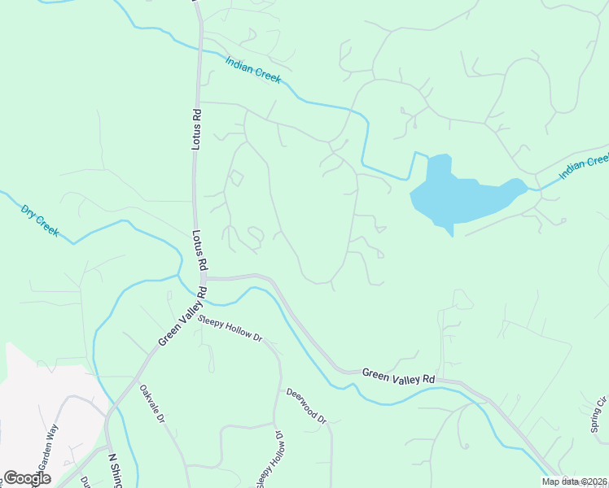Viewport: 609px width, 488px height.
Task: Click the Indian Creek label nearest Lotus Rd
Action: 252,69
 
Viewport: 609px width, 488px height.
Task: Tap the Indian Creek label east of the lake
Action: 584,167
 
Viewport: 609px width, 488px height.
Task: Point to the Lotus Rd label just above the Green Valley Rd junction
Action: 196,249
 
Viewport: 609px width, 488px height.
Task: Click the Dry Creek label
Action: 40,220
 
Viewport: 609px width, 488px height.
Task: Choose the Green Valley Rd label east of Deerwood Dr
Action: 398,377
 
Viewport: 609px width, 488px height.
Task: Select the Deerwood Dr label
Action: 305,406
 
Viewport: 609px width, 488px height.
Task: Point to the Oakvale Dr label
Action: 151,404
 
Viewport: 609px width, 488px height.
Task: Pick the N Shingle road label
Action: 115,469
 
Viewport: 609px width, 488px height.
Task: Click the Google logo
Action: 27,478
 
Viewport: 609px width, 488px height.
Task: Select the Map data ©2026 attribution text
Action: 573,481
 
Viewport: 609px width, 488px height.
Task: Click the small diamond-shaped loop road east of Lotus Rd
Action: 235,177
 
